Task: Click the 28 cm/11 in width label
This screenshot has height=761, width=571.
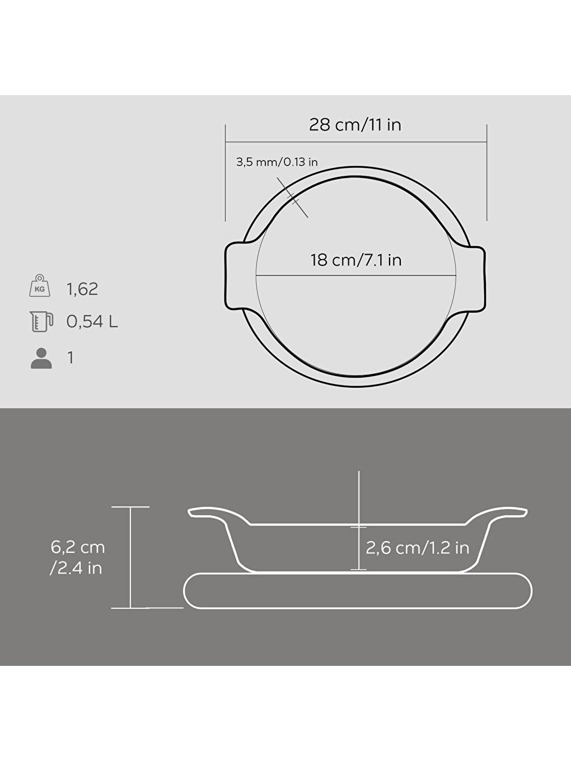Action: pyautogui.click(x=355, y=124)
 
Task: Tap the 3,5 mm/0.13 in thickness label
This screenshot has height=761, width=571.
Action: pyautogui.click(x=277, y=162)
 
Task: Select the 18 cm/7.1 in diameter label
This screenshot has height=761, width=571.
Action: pyautogui.click(x=356, y=260)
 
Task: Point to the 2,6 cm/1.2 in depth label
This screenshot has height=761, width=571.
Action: pyautogui.click(x=417, y=547)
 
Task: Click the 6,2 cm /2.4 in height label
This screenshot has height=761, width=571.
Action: pyautogui.click(x=77, y=557)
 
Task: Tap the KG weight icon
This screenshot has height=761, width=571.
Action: pyautogui.click(x=40, y=286)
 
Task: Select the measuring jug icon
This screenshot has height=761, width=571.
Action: pyautogui.click(x=41, y=321)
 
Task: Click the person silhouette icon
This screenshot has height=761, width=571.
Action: pyautogui.click(x=41, y=358)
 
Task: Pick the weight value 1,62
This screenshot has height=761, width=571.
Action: pyautogui.click(x=82, y=289)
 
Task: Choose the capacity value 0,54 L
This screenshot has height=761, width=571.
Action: pyautogui.click(x=92, y=322)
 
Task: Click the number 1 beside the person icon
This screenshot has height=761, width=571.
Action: pyautogui.click(x=71, y=358)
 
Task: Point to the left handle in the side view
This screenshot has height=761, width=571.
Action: pyautogui.click(x=213, y=513)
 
